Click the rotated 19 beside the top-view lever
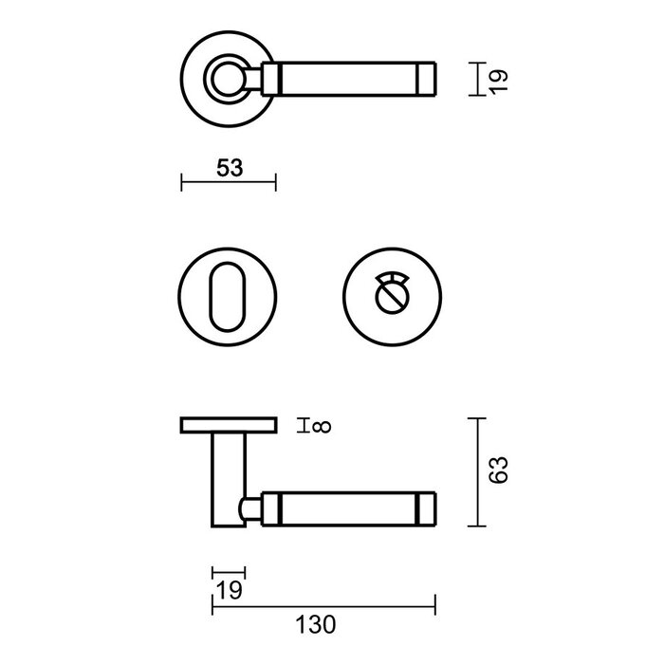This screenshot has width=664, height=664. pyautogui.click(x=502, y=79)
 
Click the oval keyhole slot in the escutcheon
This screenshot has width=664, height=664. pyautogui.click(x=227, y=296)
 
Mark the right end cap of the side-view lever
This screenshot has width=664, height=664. pyautogui.click(x=428, y=507)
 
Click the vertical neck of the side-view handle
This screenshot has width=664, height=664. pyautogui.click(x=228, y=479)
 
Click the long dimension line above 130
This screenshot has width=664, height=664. pyautogui.click(x=323, y=604)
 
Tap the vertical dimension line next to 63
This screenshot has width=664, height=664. pyautogui.click(x=479, y=471)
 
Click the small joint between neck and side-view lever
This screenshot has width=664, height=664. pyautogui.click(x=251, y=507)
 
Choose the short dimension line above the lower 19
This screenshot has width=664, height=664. pyautogui.click(x=228, y=573)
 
